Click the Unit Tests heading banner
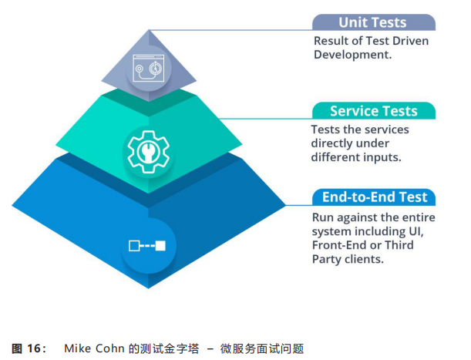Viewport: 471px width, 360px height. coord(373,22)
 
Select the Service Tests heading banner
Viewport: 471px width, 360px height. coord(373,111)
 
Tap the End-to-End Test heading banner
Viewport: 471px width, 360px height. coord(373,197)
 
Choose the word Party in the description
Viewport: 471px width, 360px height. coord(327,259)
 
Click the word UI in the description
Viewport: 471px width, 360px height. coord(424,231)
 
